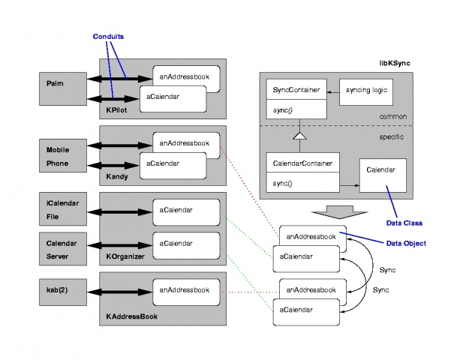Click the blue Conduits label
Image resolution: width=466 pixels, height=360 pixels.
[x=109, y=35]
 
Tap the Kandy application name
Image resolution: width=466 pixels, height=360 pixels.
[x=119, y=177]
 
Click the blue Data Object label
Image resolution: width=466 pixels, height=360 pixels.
[x=406, y=243]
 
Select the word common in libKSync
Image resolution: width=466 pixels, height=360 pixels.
[x=394, y=117]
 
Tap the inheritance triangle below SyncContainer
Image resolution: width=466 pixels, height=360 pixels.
[x=298, y=136]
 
